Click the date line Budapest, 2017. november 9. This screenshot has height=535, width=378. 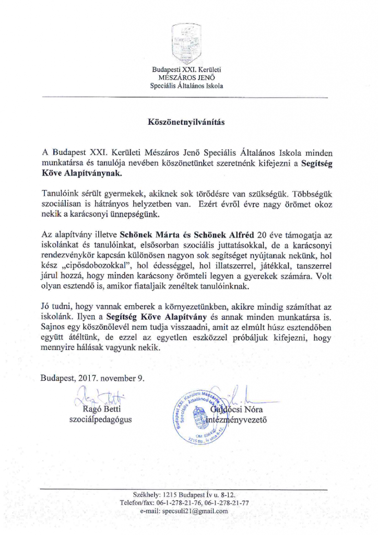pyautogui.click(x=93, y=378)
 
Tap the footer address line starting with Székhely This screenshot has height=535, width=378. pyautogui.click(x=187, y=494)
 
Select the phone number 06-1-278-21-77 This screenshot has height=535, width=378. pyautogui.click(x=224, y=503)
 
